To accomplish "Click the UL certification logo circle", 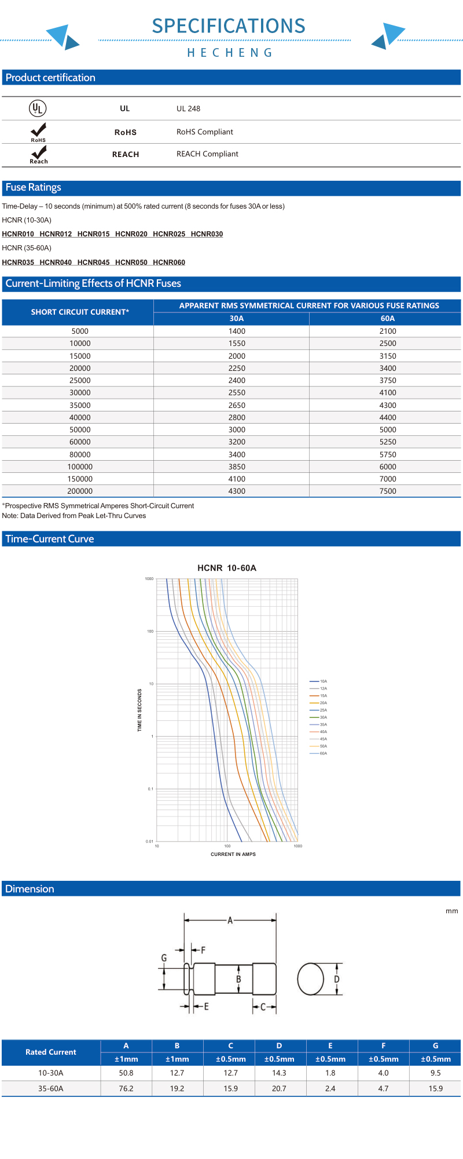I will [38, 108].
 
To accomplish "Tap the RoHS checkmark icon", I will [38, 130].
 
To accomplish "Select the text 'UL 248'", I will [188, 109].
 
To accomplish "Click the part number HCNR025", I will [169, 234].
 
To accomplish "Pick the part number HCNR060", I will [169, 263].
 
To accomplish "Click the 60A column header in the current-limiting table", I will [387, 319].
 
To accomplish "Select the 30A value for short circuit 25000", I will [237, 381].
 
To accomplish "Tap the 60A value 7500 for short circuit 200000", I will [387, 491].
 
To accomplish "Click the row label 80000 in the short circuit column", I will [80, 455].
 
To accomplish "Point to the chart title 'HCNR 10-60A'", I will [227, 568].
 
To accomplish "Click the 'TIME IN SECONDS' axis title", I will [139, 710].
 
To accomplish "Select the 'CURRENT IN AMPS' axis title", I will [233, 854].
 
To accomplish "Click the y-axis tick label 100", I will [150, 631].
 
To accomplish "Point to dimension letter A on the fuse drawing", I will [230, 920].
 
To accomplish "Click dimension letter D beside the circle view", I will [337, 979].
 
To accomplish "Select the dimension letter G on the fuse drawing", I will [164, 958].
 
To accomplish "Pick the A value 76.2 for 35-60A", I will [126, 1089].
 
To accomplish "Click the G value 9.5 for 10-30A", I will [435, 1073].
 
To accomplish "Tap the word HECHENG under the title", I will [230, 53].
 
